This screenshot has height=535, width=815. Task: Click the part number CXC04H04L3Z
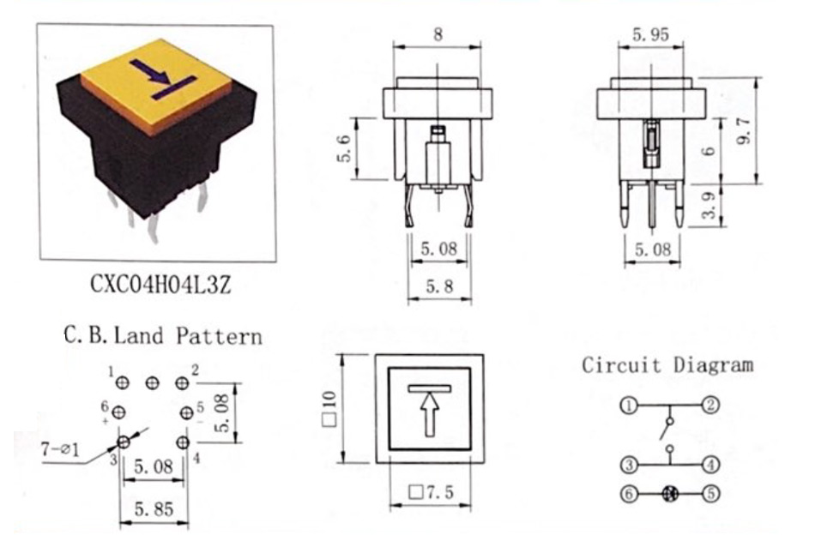pyautogui.click(x=160, y=286)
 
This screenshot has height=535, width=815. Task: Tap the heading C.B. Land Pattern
pyautogui.click(x=163, y=335)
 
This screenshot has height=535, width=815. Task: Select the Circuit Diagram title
pyautogui.click(x=667, y=364)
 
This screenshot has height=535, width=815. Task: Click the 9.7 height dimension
pyautogui.click(x=745, y=130)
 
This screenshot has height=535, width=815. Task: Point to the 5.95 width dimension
pyautogui.click(x=651, y=35)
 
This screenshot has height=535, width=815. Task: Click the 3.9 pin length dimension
pyautogui.click(x=709, y=205)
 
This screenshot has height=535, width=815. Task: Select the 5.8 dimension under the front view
pyautogui.click(x=439, y=286)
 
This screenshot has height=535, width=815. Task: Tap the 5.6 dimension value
pyautogui.click(x=345, y=148)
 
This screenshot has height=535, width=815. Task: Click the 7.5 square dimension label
pyautogui.click(x=432, y=491)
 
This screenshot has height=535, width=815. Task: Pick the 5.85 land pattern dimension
pyautogui.click(x=154, y=509)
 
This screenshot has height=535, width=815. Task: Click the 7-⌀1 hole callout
pyautogui.click(x=61, y=448)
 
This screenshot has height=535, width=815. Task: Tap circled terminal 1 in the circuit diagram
pyautogui.click(x=628, y=405)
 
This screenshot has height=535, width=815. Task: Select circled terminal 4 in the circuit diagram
pyautogui.click(x=711, y=464)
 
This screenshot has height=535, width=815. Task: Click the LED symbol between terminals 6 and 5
pyautogui.click(x=670, y=493)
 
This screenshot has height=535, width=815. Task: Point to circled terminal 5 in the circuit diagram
pyautogui.click(x=711, y=493)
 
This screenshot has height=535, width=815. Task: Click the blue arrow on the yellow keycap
pyautogui.click(x=150, y=72)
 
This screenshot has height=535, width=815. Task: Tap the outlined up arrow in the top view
pyautogui.click(x=429, y=414)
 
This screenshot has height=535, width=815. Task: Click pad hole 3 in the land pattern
pyautogui.click(x=124, y=442)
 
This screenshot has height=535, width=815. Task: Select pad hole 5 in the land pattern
pyautogui.click(x=187, y=413)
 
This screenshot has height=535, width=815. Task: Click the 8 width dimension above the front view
pyautogui.click(x=438, y=35)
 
